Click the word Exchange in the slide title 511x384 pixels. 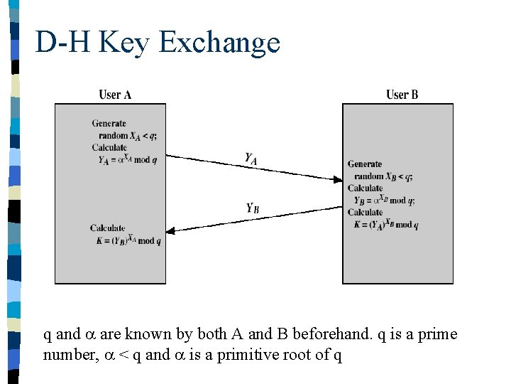[x=219, y=43]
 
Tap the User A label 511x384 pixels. [x=115, y=95]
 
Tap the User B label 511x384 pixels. [x=402, y=95]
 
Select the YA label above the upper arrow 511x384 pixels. [x=251, y=159]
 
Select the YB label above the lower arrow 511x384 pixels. [x=252, y=208]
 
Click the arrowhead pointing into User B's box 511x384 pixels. [x=338, y=180]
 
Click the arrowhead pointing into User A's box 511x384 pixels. [x=171, y=231]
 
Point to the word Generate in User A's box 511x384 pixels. [x=109, y=124]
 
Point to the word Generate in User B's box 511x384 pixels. [x=364, y=164]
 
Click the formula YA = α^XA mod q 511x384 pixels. [x=128, y=160]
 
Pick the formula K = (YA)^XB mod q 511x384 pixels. [x=386, y=225]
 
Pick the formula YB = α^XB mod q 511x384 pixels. [x=384, y=201]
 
